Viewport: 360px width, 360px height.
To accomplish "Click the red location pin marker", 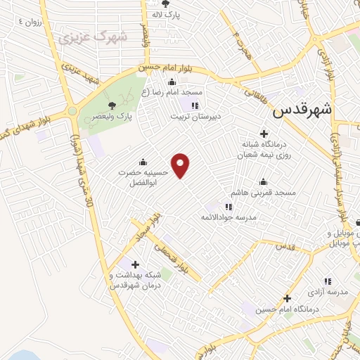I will tap(181, 165).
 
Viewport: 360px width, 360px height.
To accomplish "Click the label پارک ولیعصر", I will tap(115, 115).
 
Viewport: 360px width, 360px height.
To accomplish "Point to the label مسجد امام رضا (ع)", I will tap(172, 93).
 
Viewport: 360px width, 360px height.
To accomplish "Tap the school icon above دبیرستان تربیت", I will tap(195, 106).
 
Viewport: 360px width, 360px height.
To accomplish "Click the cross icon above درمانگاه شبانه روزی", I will tap(264, 134).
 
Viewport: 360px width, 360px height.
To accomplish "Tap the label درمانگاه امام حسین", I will tap(288, 309).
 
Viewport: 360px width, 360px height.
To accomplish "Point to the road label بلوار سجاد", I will tap(149, 226).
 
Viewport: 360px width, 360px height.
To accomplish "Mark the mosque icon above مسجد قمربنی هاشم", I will tap(263, 181).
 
